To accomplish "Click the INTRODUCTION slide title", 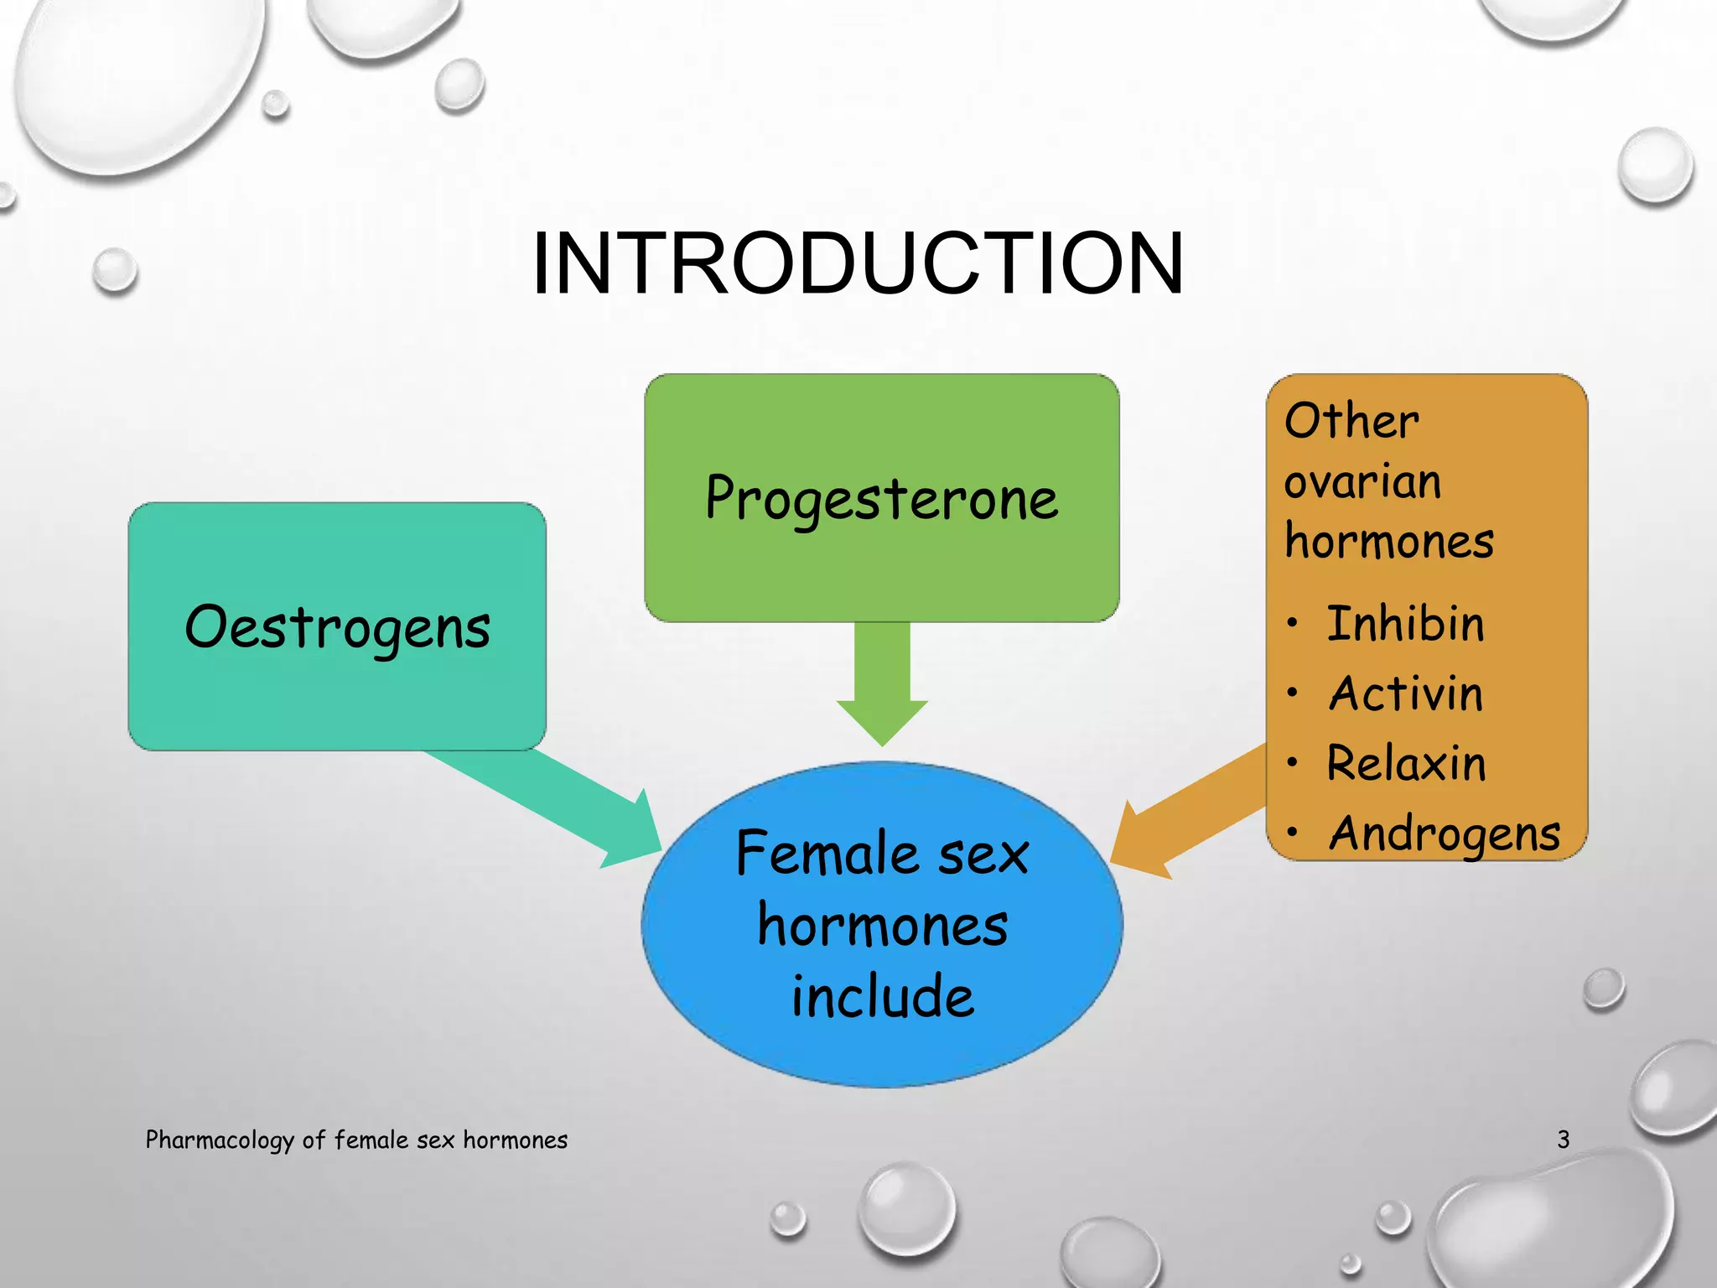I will pos(858,264).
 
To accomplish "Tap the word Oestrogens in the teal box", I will pos(337,627).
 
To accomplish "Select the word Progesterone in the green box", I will pos(881,498).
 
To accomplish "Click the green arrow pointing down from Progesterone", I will pos(882,683).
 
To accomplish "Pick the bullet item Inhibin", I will pos(1405,624).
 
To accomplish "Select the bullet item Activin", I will pos(1406,694).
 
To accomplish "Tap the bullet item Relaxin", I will pos(1406,764).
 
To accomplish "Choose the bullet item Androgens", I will pos(1445,834).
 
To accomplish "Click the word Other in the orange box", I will pos(1351,421).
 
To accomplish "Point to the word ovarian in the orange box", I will pos(1362,482).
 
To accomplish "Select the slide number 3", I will pos(1563,1140).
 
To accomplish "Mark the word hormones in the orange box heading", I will pos(1389,541).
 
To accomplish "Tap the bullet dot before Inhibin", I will pos(1294,623).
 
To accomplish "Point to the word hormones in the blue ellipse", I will pos(883,927).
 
